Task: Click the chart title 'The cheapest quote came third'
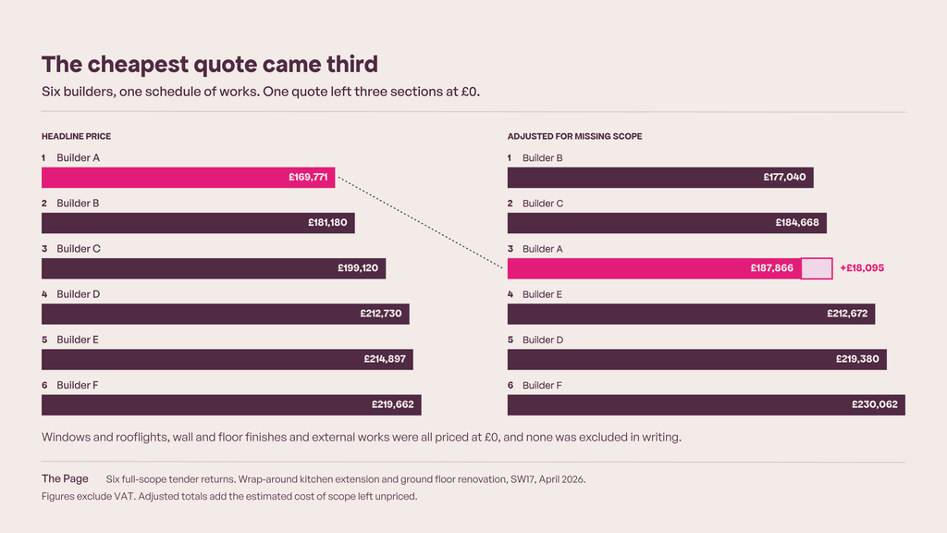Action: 210,65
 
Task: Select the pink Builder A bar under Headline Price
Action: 189,178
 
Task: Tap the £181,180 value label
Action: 327,223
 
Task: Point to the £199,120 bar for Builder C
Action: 214,268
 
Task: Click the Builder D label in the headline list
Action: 79,294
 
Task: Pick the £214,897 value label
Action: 385,359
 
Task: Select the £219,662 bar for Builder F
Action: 231,405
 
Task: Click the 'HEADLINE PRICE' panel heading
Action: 76,137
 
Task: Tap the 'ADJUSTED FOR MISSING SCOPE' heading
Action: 575,137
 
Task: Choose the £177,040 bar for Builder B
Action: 660,178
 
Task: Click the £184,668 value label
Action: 797,223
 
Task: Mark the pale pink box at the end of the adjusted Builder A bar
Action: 818,268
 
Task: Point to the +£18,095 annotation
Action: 862,268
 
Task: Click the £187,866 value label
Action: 772,268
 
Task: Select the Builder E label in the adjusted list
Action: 542,294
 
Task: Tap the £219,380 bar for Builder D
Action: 697,360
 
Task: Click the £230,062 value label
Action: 875,405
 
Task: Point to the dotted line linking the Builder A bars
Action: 421,222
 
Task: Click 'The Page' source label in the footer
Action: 65,478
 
